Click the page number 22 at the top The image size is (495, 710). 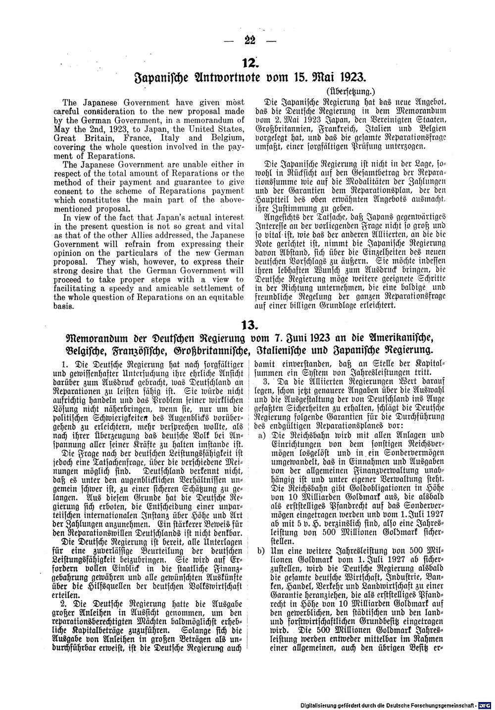247,41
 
